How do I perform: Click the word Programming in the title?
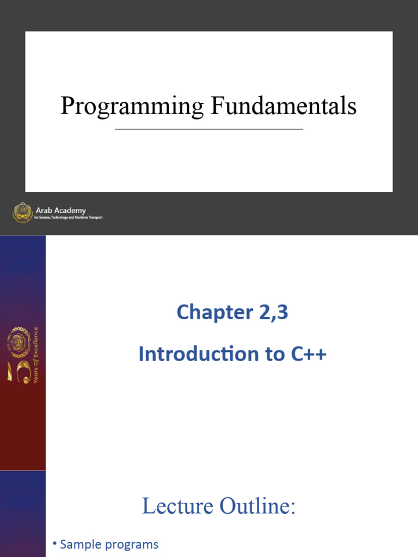(x=133, y=106)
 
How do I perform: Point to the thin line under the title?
(x=209, y=129)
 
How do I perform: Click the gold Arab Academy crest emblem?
(x=22, y=212)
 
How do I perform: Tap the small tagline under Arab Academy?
(x=69, y=218)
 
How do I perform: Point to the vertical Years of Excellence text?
(x=36, y=355)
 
